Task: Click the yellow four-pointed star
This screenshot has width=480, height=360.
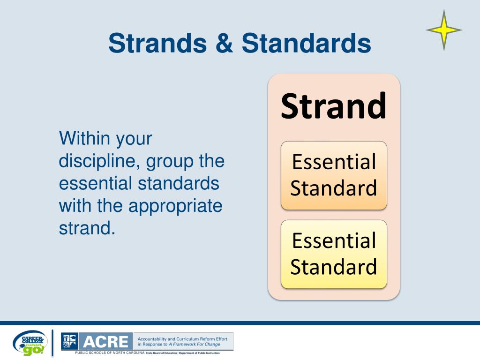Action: (444, 30)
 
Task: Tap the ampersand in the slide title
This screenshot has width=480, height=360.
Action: (224, 44)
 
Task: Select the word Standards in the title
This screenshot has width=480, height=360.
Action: (307, 44)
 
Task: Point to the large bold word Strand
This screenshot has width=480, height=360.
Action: (334, 106)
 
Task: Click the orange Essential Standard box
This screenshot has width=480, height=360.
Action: (334, 175)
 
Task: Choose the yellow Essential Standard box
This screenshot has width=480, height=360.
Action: (334, 254)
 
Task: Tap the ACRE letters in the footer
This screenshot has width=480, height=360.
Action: (105, 341)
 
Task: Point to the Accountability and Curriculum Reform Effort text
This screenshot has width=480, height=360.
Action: (182, 338)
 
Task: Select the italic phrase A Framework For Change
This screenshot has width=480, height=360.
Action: (195, 344)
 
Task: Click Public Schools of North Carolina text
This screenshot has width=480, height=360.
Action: (110, 352)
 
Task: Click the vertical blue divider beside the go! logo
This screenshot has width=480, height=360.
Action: (52, 343)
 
